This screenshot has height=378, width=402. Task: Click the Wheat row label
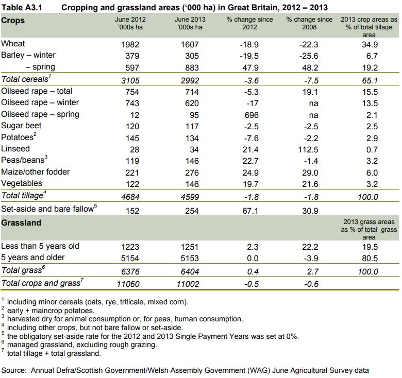[x=13, y=44]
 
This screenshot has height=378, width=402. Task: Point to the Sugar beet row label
[x=22, y=126]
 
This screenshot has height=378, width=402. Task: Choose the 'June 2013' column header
[x=187, y=24]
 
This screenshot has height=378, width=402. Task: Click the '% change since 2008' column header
[x=309, y=24]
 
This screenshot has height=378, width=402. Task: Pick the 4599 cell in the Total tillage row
[x=187, y=196]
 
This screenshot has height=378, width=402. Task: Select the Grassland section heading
[x=21, y=223]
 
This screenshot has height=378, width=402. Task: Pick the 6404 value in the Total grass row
[x=187, y=271]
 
